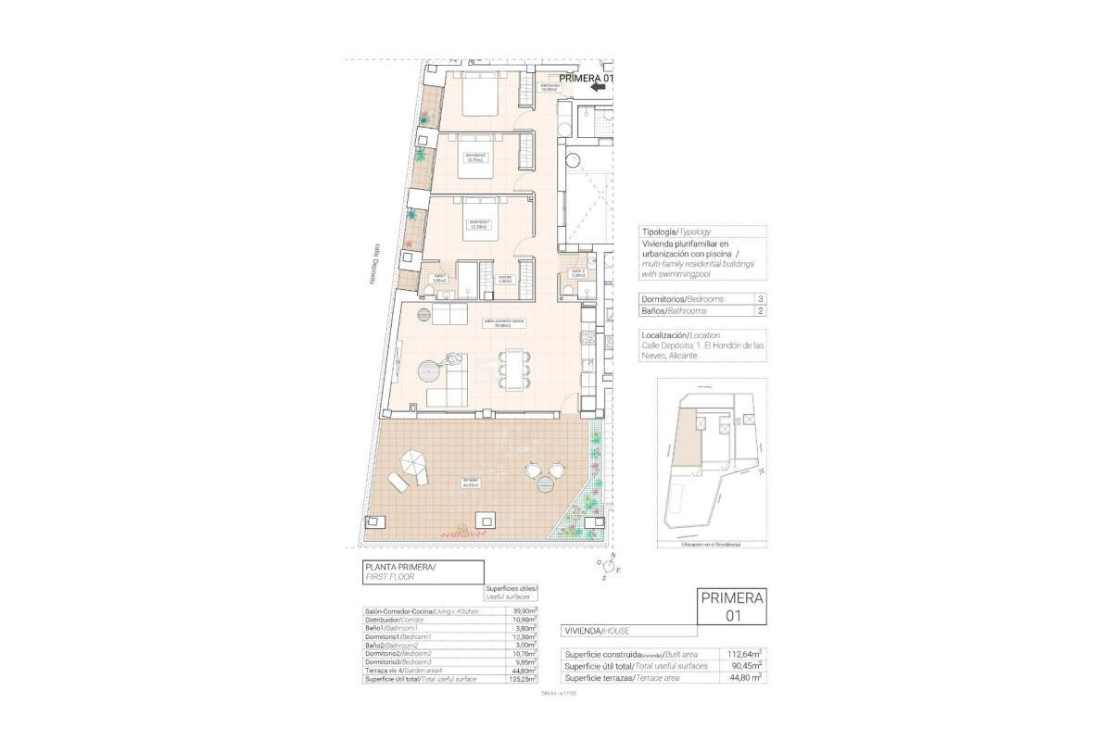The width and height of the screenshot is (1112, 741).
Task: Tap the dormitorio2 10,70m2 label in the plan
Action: tap(476, 157)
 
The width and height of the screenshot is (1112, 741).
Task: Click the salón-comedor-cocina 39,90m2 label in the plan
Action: tap(504, 323)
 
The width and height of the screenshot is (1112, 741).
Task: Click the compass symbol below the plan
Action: tap(611, 568)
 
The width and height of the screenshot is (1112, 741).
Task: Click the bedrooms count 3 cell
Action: tap(760, 299)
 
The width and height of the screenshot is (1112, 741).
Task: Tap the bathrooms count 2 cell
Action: tap(760, 311)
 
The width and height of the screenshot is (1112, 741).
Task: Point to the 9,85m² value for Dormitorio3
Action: tap(527, 662)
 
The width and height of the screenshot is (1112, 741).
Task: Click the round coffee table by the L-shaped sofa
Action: tap(428, 370)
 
